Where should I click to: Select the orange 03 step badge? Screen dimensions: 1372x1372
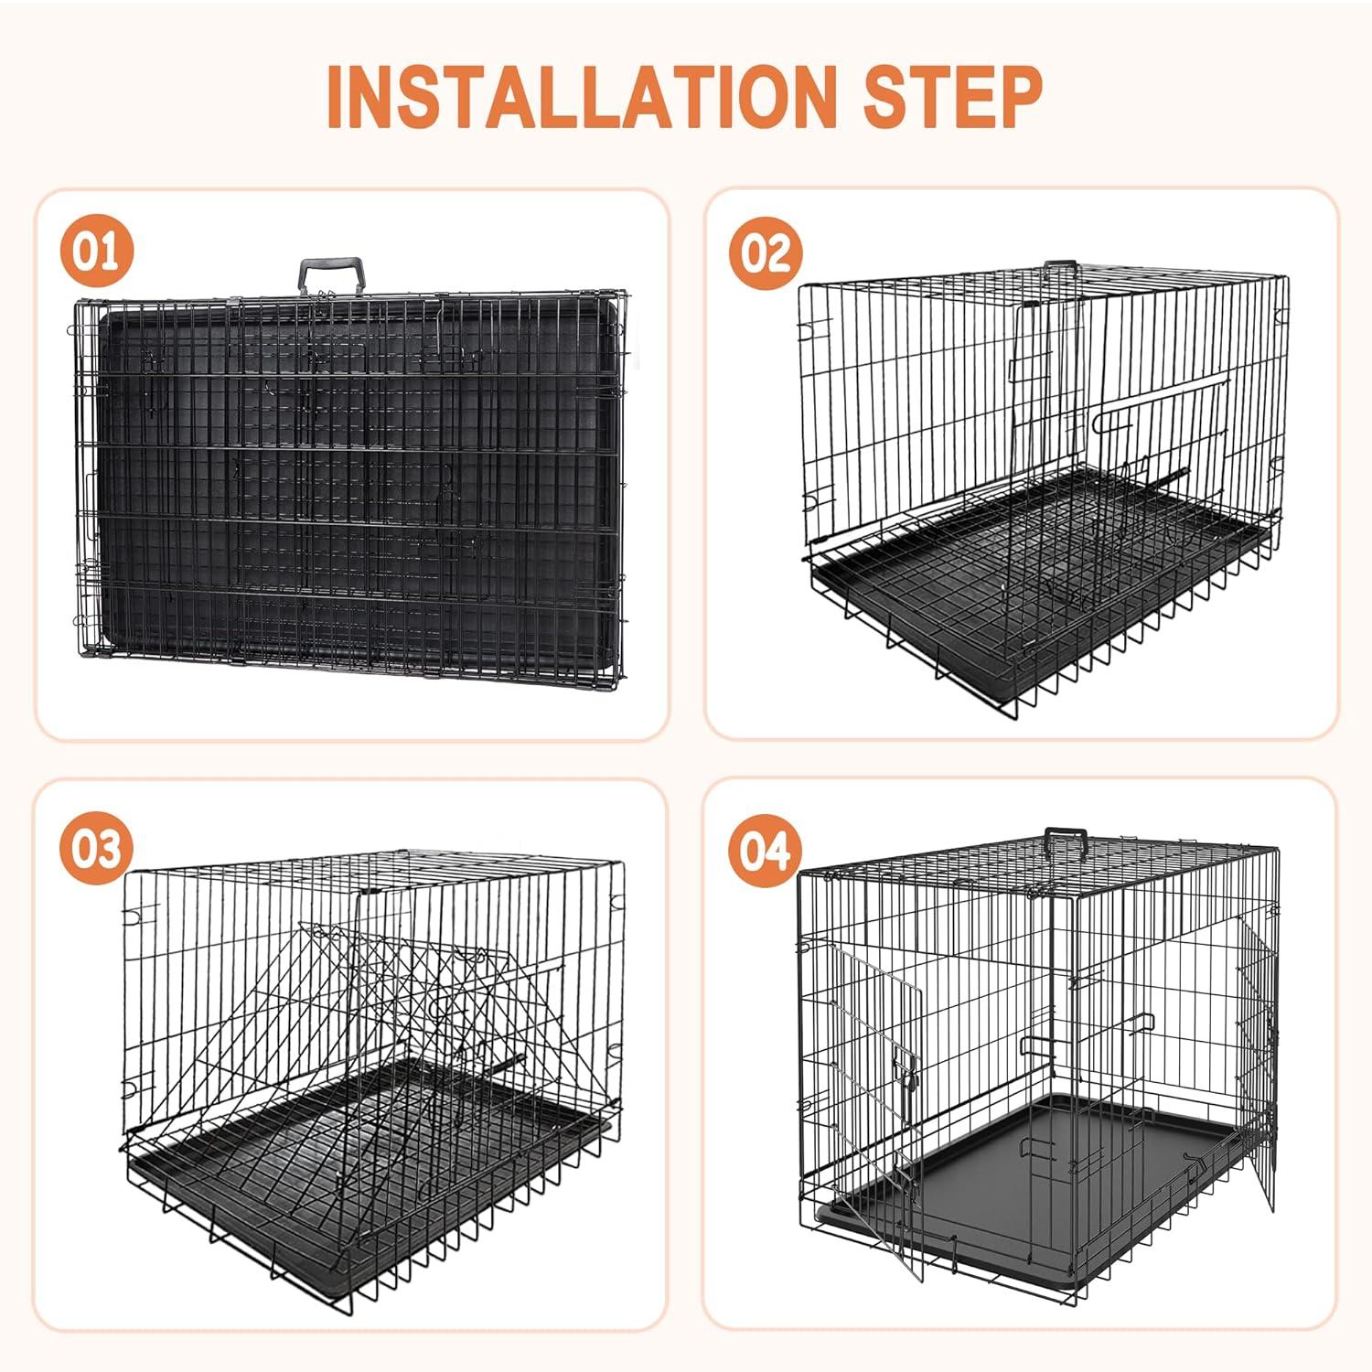point(97,850)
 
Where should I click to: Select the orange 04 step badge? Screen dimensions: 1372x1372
point(765,851)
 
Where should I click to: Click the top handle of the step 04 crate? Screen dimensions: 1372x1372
point(1067,837)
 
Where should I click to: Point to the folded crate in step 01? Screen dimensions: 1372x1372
point(348,485)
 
